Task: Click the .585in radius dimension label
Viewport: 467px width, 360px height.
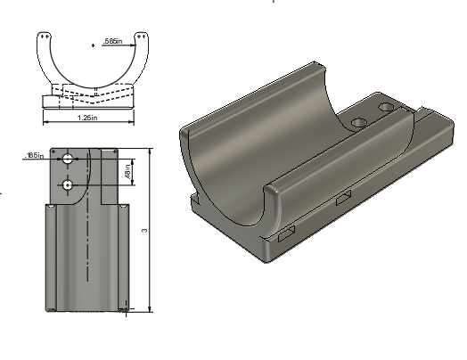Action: [x=113, y=42]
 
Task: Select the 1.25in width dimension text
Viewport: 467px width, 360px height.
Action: [x=87, y=118]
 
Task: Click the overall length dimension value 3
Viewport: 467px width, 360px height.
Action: [x=143, y=230]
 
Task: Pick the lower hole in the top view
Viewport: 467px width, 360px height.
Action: [x=68, y=184]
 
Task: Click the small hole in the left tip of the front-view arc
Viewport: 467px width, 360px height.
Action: [x=42, y=37]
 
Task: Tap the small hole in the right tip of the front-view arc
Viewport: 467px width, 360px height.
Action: [x=143, y=37]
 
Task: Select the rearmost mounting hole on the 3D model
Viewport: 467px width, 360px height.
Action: [x=385, y=107]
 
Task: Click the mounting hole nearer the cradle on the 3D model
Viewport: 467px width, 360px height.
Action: [x=358, y=120]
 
